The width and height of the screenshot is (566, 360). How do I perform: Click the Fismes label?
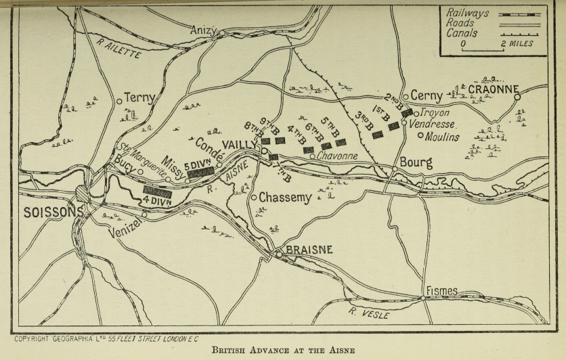[x=441, y=291]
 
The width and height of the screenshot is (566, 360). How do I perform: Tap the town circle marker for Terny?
[x=119, y=102]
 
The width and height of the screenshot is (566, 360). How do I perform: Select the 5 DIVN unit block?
[x=201, y=173]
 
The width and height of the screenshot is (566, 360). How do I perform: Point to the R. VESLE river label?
[x=370, y=313]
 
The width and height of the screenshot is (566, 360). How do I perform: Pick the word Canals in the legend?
[x=462, y=32]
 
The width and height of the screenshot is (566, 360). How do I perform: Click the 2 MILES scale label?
[x=519, y=44]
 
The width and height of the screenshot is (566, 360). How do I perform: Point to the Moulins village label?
[x=443, y=137]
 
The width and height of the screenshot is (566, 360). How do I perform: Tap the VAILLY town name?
[x=238, y=145]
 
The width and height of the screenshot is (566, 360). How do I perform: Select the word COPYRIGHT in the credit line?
[x=37, y=336]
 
